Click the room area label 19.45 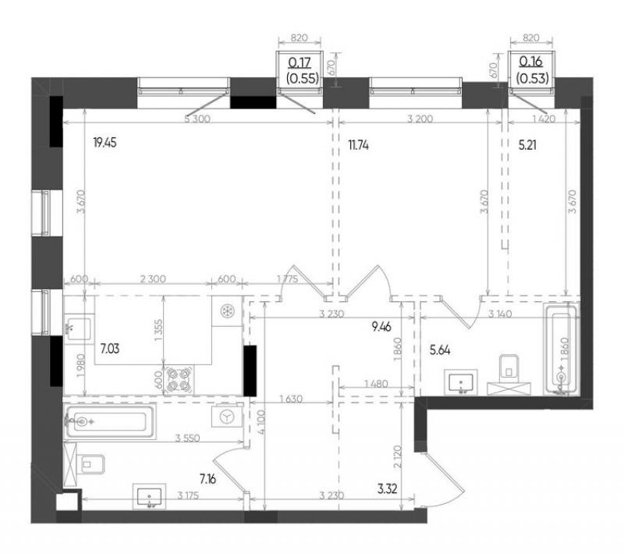pyautogui.click(x=105, y=143)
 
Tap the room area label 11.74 pyautogui.click(x=358, y=146)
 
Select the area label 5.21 pyautogui.click(x=527, y=146)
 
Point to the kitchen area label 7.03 pyautogui.click(x=110, y=349)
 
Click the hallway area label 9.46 pyautogui.click(x=381, y=327)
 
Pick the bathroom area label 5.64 pyautogui.click(x=440, y=350)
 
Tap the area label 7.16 pyautogui.click(x=207, y=479)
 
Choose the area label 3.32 pyautogui.click(x=387, y=488)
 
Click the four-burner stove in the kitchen pyautogui.click(x=179, y=380)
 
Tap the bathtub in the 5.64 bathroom pyautogui.click(x=562, y=350)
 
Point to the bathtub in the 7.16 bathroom pyautogui.click(x=109, y=421)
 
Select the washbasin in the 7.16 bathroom pyautogui.click(x=149, y=497)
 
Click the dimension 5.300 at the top pyautogui.click(x=197, y=119)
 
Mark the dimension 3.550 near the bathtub pyautogui.click(x=188, y=439)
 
